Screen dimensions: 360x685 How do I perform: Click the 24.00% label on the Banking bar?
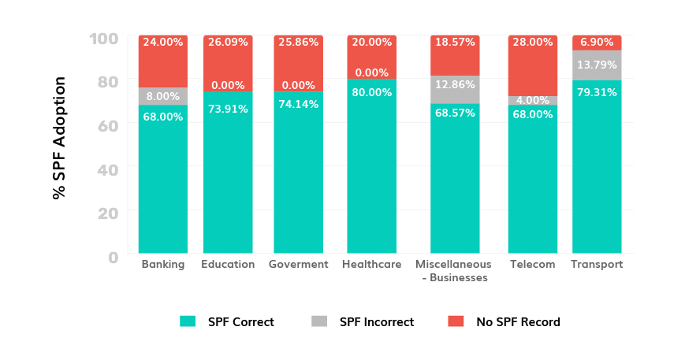[162, 43]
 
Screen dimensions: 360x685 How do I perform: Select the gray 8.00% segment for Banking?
[162, 96]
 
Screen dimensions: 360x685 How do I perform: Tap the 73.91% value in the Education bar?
[228, 109]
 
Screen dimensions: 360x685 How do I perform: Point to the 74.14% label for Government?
[298, 108]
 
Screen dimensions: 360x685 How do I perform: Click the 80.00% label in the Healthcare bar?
[371, 92]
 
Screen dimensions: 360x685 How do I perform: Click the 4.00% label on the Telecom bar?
[531, 100]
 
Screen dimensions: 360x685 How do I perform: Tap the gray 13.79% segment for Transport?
[597, 65]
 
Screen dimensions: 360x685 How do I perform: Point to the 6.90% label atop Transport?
[597, 43]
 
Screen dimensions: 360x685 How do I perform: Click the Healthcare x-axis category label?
[371, 265]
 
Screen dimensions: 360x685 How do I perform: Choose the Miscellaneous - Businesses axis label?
[453, 271]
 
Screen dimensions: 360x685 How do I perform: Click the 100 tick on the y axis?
[107, 38]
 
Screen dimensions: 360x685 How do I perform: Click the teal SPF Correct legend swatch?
[187, 321]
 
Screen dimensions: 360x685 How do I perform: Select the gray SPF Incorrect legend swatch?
[319, 321]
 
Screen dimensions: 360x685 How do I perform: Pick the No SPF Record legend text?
[518, 321]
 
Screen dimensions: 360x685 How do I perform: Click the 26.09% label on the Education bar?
[228, 43]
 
